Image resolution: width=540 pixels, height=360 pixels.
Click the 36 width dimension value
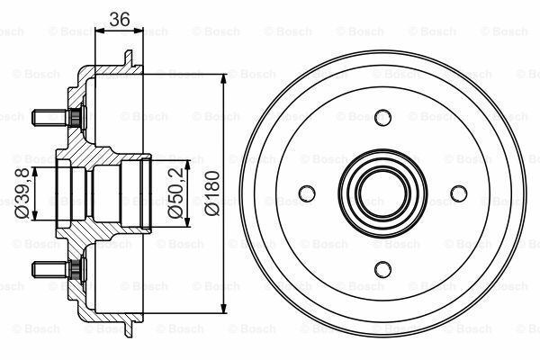[x=119, y=17]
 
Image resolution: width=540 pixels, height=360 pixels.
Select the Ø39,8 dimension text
[x=20, y=192]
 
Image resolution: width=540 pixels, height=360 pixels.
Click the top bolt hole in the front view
[x=383, y=116]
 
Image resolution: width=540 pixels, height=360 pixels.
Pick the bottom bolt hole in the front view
[x=383, y=268]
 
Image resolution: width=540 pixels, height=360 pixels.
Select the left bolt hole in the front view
[x=308, y=193]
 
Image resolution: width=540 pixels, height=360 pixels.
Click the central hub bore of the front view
[x=383, y=193]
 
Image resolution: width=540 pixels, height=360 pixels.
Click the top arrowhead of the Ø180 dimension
[x=222, y=76]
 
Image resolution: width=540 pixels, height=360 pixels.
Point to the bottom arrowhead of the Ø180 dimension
[x=222, y=309]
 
